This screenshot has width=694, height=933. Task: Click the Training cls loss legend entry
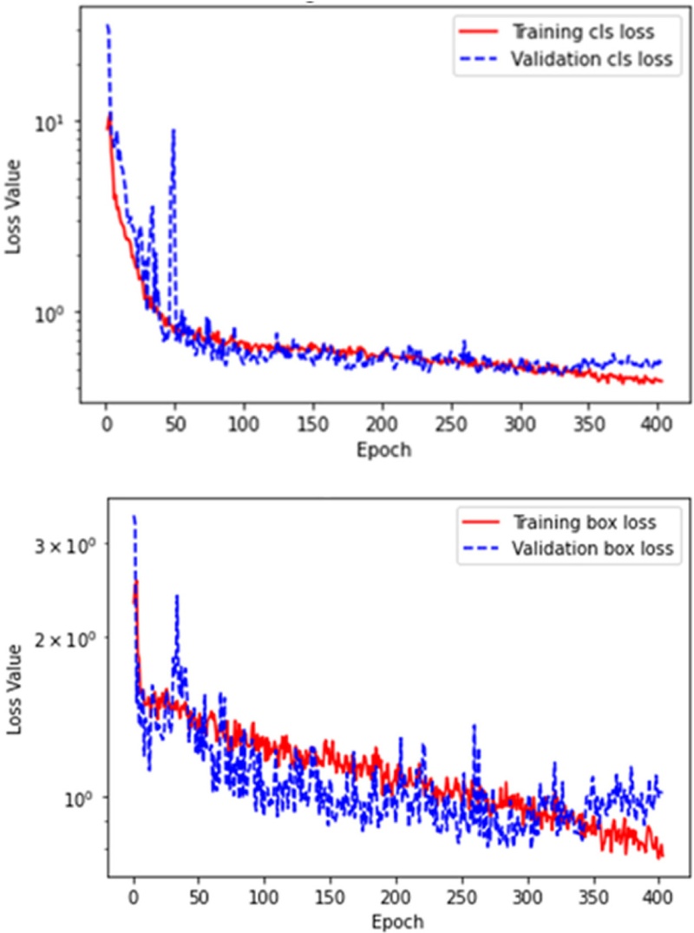[582, 32]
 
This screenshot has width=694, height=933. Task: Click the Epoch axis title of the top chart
[383, 450]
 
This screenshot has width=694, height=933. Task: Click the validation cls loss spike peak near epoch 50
[173, 130]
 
